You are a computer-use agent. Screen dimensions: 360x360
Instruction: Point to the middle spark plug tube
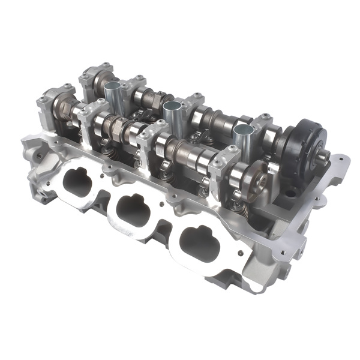172,113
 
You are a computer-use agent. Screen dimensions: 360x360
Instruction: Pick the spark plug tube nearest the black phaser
242,137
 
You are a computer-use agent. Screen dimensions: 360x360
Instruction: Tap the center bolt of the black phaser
322,157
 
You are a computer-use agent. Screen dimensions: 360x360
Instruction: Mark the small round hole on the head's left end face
38,155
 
